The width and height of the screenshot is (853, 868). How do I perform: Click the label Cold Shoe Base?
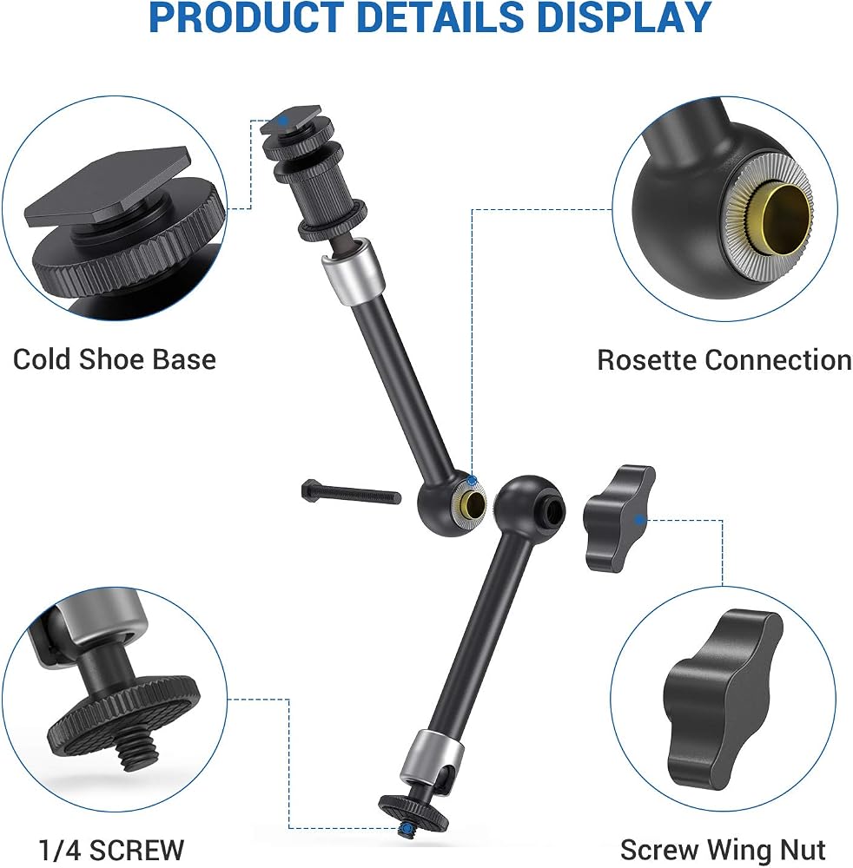[114, 359]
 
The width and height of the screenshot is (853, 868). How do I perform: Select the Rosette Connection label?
[724, 360]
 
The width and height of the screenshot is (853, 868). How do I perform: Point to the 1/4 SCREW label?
[111, 849]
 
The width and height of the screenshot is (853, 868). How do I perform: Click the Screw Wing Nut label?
[723, 849]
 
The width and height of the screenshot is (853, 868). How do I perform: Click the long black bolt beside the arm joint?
[351, 491]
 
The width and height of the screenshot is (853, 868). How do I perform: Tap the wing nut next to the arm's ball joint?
[618, 518]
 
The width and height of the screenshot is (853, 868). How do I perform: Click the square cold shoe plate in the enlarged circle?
[107, 188]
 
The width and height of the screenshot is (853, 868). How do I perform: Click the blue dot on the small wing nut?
[639, 520]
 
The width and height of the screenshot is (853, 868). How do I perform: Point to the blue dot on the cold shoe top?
[283, 120]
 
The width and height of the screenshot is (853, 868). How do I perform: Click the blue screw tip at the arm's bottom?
[407, 829]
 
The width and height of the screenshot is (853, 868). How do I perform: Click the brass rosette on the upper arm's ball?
[471, 503]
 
